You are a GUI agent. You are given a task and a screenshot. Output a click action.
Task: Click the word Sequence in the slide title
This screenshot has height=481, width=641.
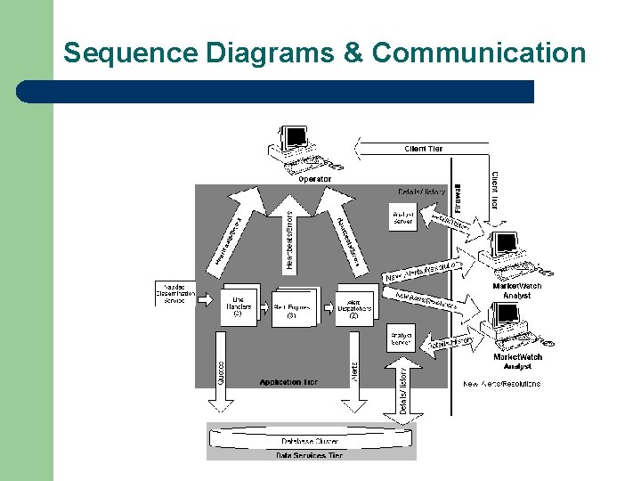(x=131, y=53)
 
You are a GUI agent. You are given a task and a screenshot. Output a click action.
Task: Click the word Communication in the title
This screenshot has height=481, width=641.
(x=479, y=53)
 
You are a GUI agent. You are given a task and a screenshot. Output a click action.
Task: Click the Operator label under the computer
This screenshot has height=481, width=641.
(x=314, y=179)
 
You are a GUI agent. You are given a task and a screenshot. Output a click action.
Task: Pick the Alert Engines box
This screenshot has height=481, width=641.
(x=291, y=308)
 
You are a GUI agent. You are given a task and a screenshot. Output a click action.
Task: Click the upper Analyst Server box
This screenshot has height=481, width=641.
(x=403, y=216)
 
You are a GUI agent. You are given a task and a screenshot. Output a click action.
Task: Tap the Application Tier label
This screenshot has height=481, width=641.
(x=288, y=382)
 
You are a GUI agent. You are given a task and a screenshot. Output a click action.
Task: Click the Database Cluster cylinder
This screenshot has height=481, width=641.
(x=311, y=439)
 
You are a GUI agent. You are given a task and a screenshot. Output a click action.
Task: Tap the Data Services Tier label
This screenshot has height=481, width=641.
(x=311, y=455)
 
